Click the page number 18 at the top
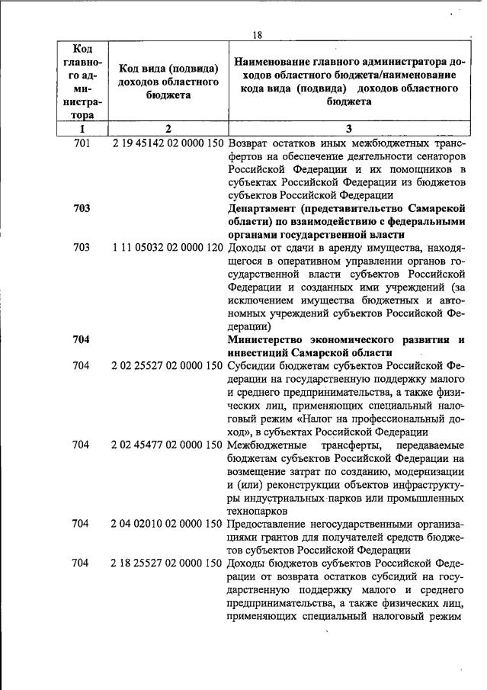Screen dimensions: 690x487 click(257, 34)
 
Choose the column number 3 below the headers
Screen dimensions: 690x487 click(348, 129)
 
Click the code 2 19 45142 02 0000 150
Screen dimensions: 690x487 click(167, 143)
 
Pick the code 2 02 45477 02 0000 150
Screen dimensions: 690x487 click(167, 444)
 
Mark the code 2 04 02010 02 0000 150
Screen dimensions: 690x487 click(167, 524)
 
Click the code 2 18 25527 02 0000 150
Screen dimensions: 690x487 click(167, 563)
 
